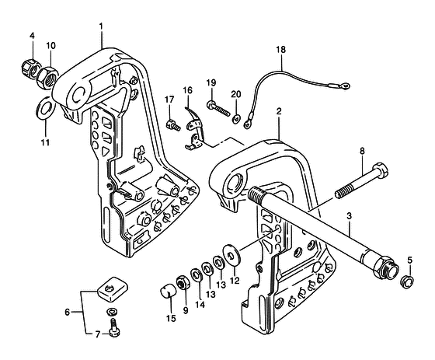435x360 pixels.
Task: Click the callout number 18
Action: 280,50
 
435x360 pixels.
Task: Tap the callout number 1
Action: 101,26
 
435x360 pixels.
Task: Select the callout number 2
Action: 279,112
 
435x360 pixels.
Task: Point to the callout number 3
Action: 349,215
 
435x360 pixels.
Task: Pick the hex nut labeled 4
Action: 29,68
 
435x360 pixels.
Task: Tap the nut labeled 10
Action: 47,78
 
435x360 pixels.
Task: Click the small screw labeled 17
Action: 173,124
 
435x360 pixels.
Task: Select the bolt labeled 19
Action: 218,109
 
